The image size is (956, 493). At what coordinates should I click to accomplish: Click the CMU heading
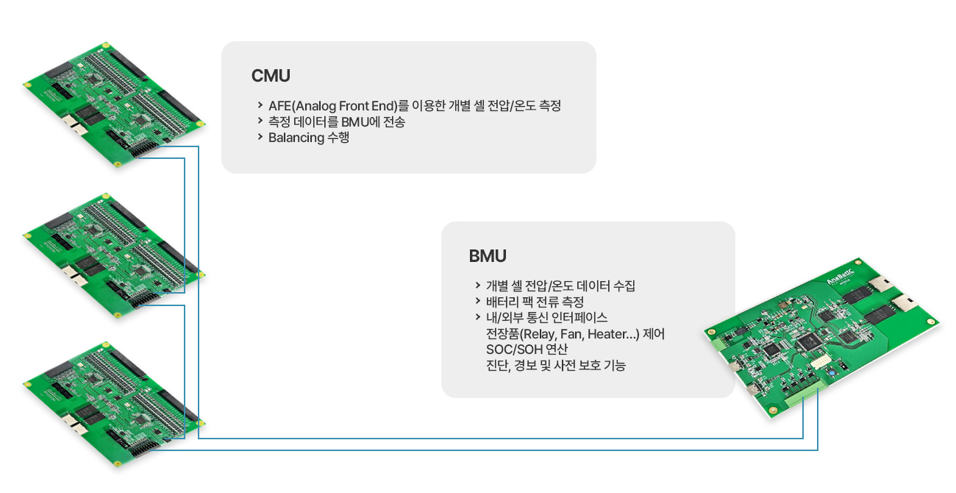(271, 76)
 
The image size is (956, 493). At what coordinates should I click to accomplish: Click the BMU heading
(488, 256)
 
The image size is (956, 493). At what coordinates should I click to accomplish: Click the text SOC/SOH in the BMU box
(514, 350)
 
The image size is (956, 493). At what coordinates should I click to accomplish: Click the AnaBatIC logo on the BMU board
(841, 277)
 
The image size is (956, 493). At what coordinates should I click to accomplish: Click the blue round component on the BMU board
(832, 374)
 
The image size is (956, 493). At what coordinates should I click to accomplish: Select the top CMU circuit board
(114, 104)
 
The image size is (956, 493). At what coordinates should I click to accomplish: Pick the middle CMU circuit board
(114, 255)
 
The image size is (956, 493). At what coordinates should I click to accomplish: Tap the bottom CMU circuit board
(114, 404)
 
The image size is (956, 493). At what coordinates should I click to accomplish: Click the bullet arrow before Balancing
(260, 137)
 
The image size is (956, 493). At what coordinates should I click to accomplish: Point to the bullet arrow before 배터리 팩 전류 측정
(477, 301)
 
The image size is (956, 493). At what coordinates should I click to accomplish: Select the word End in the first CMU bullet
(384, 105)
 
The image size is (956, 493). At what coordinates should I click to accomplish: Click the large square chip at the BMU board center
(807, 341)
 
